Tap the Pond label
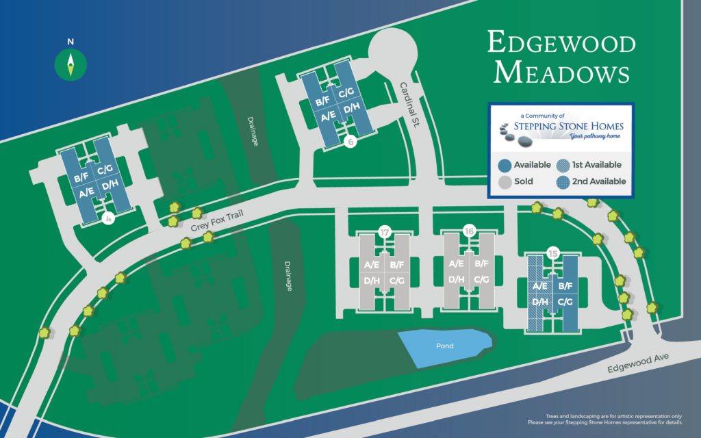tap(445, 346)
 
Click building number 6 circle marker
tap(350, 142)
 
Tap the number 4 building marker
tap(107, 219)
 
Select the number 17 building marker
tap(385, 233)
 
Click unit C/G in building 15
tap(566, 302)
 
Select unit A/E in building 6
tap(328, 118)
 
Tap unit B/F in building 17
tap(398, 265)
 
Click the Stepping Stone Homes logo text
tap(557, 127)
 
